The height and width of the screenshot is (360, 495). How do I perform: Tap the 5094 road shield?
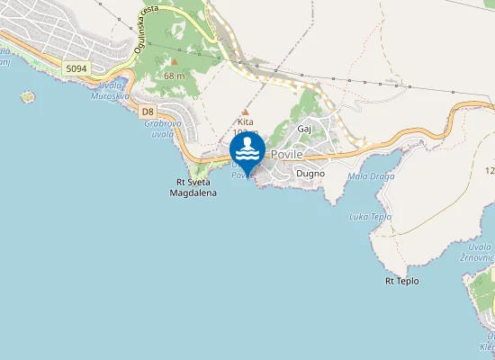[76, 67]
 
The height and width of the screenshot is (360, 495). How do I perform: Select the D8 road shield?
[148, 111]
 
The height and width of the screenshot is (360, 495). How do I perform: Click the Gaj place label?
[303, 130]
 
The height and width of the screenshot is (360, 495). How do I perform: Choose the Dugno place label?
[310, 174]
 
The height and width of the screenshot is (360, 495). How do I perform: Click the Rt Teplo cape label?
[402, 281]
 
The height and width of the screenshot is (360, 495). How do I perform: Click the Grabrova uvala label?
[158, 128]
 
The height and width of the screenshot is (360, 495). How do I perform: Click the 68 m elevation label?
[175, 76]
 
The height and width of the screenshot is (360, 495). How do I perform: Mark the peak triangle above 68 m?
[175, 62]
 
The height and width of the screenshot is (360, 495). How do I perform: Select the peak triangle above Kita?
[245, 112]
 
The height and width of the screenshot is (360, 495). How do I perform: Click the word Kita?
[245, 121]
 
